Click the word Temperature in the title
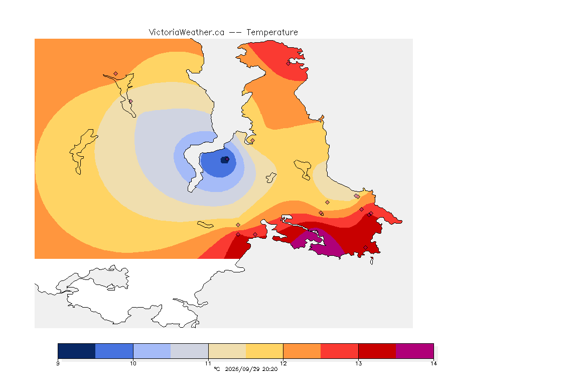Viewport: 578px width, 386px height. tap(272, 33)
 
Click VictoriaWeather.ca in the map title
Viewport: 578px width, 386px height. tap(187, 33)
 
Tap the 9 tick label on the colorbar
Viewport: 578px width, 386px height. tap(58, 363)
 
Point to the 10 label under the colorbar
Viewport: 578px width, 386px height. tap(133, 363)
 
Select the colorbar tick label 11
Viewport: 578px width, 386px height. tap(208, 363)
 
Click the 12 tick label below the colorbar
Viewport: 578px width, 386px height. tap(283, 363)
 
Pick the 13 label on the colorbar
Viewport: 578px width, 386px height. tap(358, 363)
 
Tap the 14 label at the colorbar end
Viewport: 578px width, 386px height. tap(434, 363)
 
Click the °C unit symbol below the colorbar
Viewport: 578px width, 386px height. tap(217, 369)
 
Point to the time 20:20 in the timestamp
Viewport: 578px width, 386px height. tap(270, 369)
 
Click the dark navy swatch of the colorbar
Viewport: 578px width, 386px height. tap(77, 351)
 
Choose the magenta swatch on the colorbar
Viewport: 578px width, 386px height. tap(415, 351)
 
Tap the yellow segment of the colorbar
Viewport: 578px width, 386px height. tap(264, 351)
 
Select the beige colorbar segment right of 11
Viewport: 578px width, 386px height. tap(227, 351)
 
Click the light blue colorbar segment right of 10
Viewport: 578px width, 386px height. tap(152, 351)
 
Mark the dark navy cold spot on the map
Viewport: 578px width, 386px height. tap(224, 160)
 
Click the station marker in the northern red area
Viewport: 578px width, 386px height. tap(288, 63)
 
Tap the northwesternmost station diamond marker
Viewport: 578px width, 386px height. tap(116, 74)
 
